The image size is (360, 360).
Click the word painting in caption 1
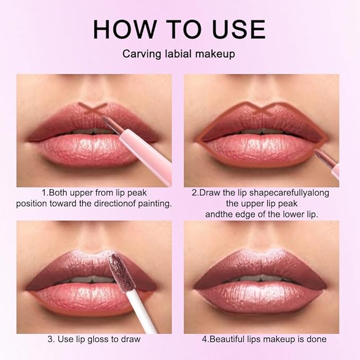(153, 203)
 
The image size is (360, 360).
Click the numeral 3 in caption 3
(50, 339)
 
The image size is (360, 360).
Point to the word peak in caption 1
(136, 192)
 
